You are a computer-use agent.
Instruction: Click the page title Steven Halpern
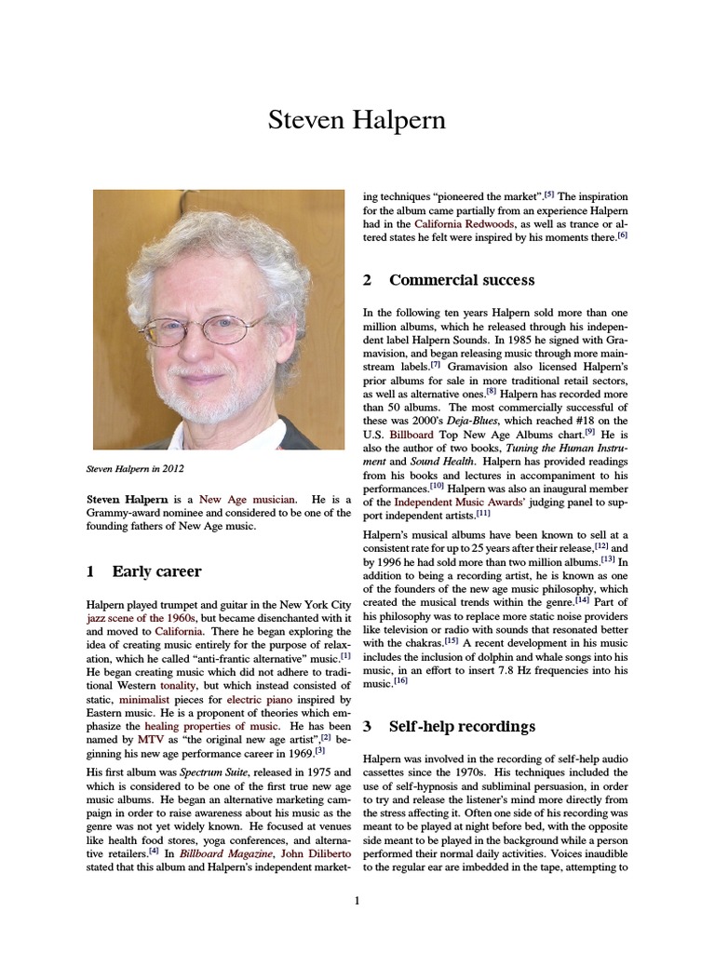coord(357,120)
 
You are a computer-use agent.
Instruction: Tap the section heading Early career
coord(156,570)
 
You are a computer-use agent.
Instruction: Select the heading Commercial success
coord(462,280)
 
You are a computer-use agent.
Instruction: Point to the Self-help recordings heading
coord(462,726)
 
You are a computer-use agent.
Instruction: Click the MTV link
coord(151,739)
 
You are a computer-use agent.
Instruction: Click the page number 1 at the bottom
coord(357,900)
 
